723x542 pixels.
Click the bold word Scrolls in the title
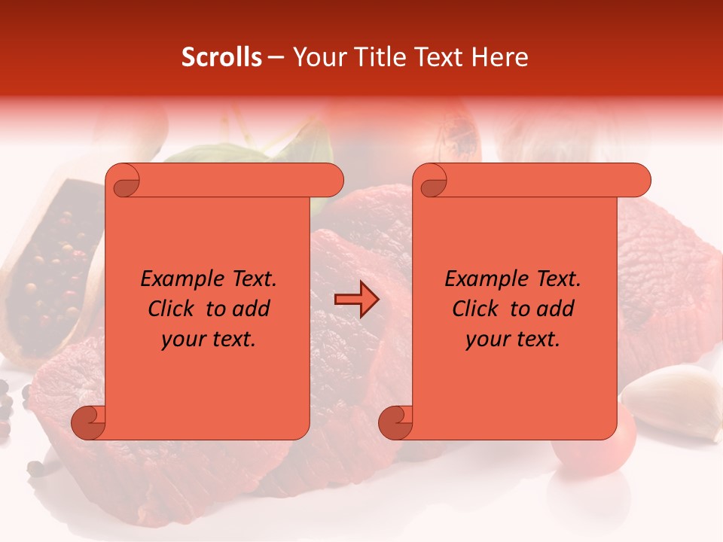[221, 57]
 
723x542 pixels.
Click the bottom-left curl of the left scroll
[89, 422]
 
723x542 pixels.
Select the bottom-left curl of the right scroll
[395, 422]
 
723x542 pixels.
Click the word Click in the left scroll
[173, 309]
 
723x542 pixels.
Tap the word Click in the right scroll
[477, 309]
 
